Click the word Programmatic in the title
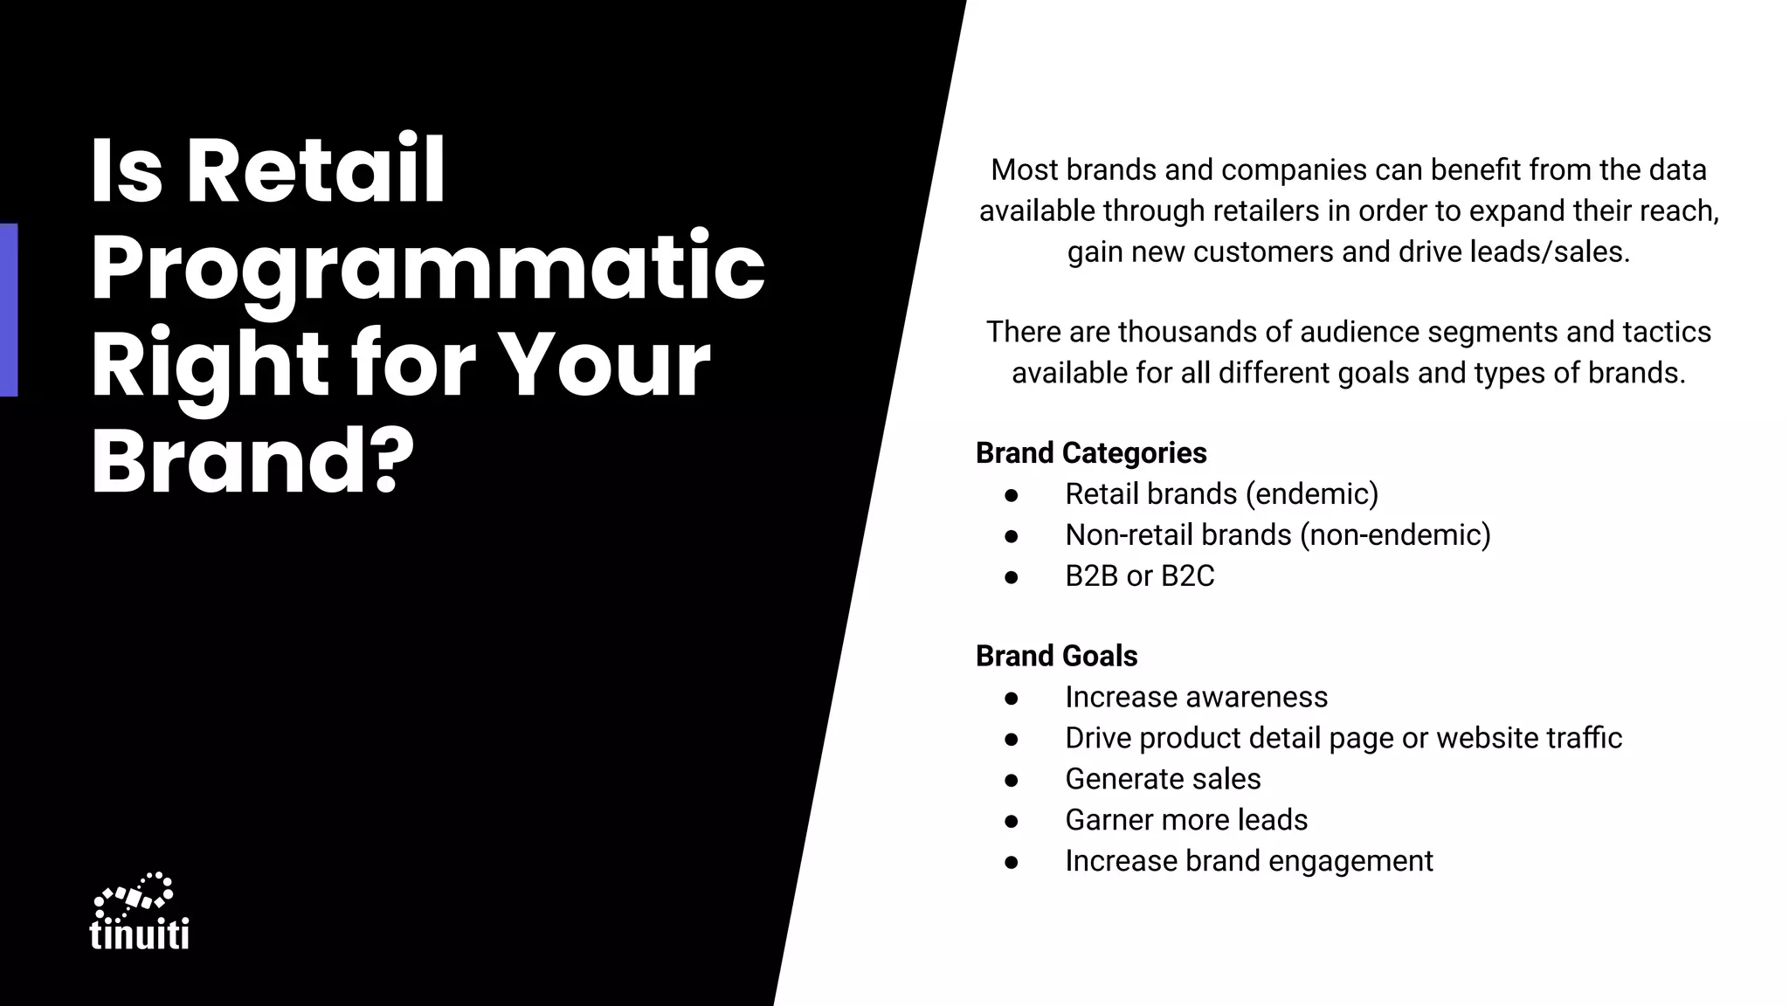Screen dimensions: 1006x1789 [x=427, y=267]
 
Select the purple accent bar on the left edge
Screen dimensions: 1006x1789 [x=9, y=310]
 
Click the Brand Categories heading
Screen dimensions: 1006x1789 [x=1091, y=453]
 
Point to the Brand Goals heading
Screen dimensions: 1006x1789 [x=1056, y=656]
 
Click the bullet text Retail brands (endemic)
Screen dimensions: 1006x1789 [x=1221, y=494]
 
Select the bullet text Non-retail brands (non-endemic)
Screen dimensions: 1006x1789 [x=1277, y=534]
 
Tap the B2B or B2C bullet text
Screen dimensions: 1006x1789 [x=1139, y=575]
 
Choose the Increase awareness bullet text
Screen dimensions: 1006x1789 [x=1196, y=697]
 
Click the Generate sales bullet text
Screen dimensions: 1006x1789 [x=1163, y=779]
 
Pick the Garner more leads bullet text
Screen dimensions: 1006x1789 [x=1186, y=820]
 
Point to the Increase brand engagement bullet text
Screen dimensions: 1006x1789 [x=1248, y=861]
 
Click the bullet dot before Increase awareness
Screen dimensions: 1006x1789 [x=1012, y=698]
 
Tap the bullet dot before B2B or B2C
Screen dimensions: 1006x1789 [x=1012, y=576]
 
